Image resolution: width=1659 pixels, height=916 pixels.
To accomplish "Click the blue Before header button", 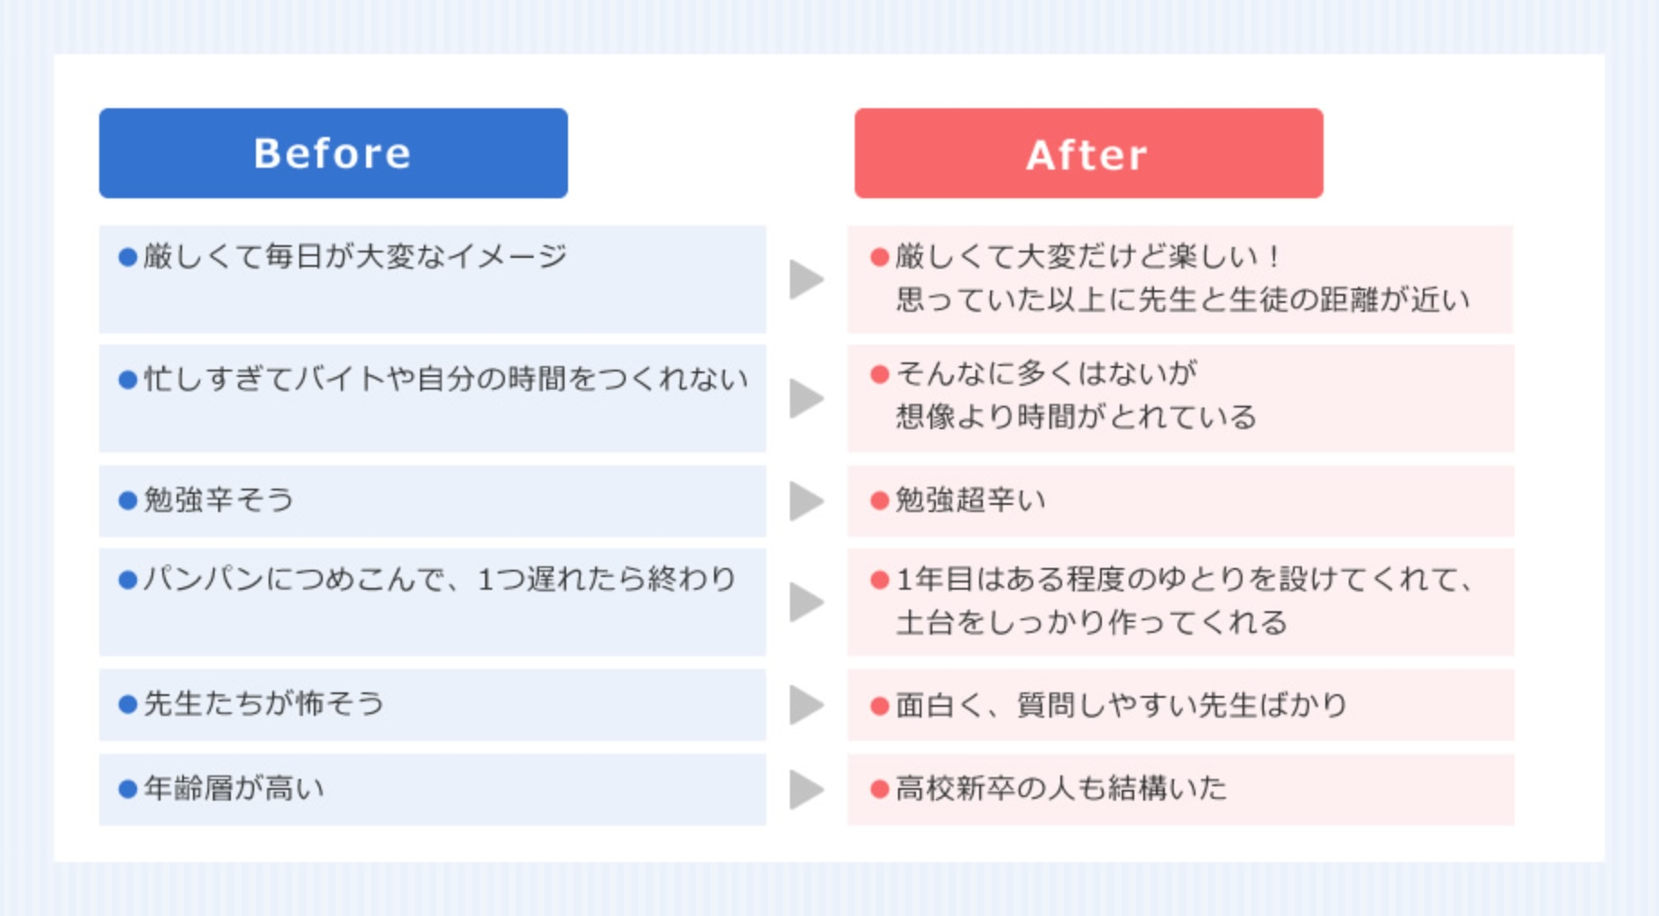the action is (333, 153).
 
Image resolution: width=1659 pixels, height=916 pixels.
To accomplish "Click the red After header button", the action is (1088, 153).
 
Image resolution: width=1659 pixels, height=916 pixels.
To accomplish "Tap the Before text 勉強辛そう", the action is (219, 499).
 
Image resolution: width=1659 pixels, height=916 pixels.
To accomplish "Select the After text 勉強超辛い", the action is (970, 499).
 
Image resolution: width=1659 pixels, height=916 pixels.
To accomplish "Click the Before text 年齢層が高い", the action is (234, 788).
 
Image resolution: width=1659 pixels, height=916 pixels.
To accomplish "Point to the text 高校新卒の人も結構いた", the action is (1061, 788).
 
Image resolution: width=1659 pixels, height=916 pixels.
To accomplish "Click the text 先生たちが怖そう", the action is (264, 703).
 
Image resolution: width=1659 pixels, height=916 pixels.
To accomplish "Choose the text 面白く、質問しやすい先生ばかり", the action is (1122, 704).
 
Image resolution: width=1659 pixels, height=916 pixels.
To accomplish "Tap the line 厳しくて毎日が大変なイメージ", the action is (355, 256).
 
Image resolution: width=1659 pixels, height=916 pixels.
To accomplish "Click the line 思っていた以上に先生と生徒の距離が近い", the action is (1183, 299).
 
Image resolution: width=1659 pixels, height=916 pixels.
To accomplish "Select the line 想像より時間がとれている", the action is (1076, 417).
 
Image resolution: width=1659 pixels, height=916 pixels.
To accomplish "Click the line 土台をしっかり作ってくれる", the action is (1091, 622).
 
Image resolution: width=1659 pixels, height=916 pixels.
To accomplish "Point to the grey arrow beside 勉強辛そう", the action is (806, 501).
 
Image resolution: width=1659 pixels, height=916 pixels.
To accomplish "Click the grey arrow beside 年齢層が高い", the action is (806, 790).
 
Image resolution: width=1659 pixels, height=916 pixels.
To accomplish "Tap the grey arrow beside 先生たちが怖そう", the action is (806, 705).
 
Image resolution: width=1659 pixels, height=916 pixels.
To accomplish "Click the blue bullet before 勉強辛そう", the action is (128, 500).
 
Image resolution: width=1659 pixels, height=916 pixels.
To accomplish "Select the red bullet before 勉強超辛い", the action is (880, 500).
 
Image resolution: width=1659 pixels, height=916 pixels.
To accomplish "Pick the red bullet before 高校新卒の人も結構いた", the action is (880, 789).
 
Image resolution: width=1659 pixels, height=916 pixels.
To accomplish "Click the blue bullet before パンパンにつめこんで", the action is (128, 580).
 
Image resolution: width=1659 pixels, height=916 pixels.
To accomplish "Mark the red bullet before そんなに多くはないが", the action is (880, 374).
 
